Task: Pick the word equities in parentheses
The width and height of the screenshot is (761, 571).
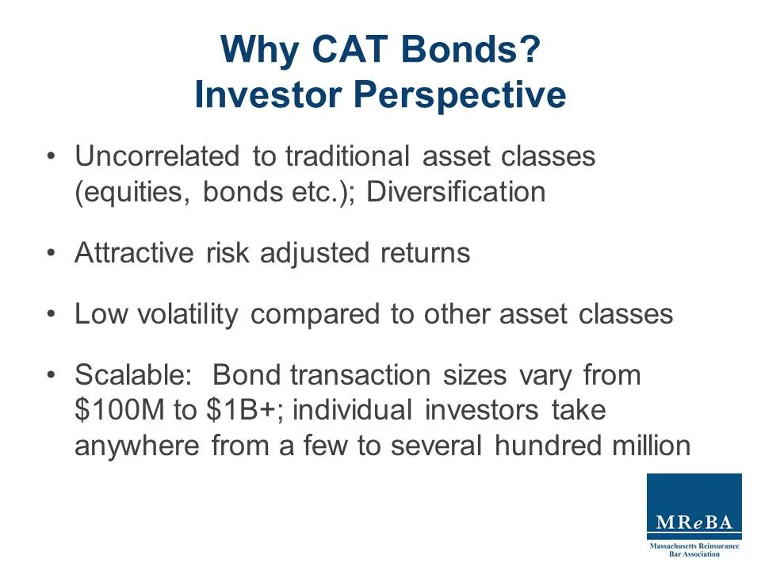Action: tap(132, 193)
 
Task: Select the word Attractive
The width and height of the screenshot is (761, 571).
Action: tap(133, 253)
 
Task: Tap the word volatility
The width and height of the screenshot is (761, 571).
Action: tap(188, 314)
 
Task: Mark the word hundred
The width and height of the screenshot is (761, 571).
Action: tap(553, 446)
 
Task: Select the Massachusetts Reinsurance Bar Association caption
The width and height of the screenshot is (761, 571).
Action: tap(694, 550)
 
